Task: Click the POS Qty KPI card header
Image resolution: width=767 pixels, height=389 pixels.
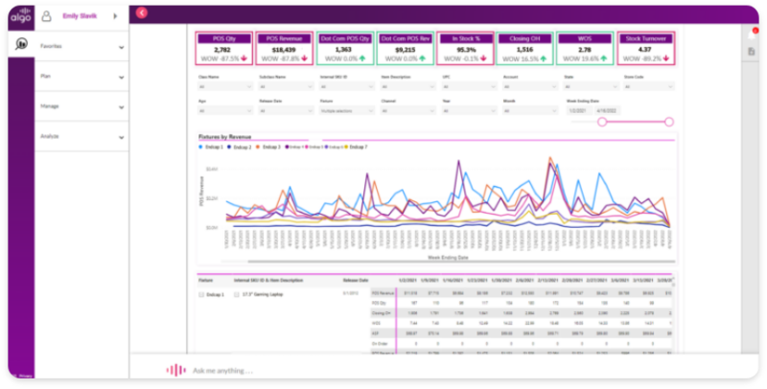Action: (223, 38)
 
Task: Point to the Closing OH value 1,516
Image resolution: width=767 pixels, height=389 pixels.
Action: (523, 50)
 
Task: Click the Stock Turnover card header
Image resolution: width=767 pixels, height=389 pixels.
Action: (645, 38)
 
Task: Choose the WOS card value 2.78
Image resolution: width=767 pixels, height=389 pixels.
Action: (585, 50)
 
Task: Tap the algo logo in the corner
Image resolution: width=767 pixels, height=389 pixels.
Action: (20, 14)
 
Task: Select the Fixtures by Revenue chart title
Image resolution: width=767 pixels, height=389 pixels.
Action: (224, 136)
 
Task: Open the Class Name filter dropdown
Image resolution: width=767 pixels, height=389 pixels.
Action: (220, 85)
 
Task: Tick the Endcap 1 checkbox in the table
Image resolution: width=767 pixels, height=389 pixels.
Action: (202, 295)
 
